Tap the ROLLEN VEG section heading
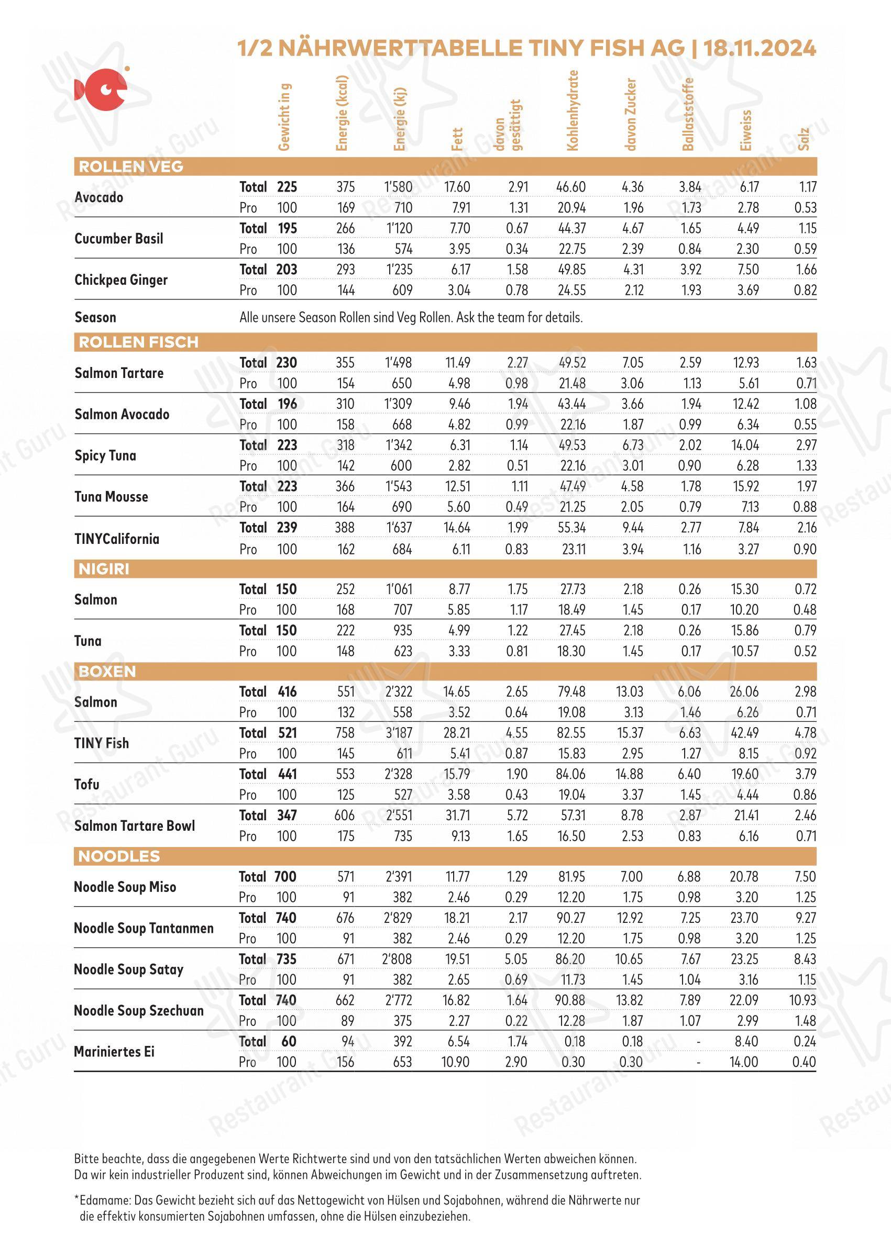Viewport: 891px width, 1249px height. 130,166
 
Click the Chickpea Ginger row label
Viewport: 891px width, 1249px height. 120,280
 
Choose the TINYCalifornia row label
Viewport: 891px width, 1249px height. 117,539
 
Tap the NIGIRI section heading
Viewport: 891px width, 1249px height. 104,569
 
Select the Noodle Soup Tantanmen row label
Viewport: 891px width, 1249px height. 143,928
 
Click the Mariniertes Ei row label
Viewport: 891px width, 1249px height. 114,1052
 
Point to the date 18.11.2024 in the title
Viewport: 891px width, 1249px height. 760,48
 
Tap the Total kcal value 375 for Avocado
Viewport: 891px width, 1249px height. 346,187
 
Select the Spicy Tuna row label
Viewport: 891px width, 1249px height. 105,455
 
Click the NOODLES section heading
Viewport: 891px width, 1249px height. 119,856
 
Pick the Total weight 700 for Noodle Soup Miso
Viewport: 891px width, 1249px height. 285,877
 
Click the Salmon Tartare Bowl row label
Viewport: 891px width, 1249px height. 135,826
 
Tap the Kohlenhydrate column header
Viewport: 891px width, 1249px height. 573,110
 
